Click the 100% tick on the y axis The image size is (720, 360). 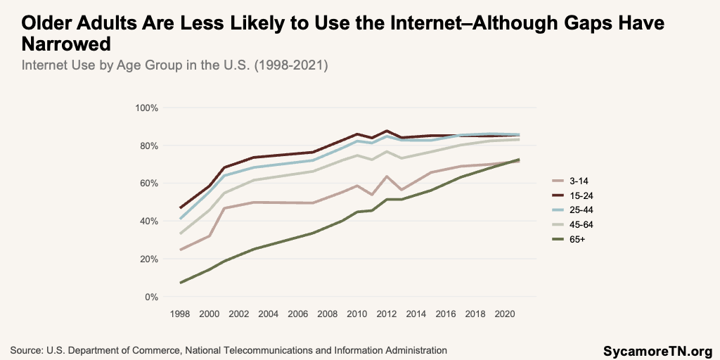[148, 108]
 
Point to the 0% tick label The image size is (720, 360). [150, 297]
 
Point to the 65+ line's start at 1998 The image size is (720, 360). [181, 283]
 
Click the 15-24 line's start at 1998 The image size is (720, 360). [181, 208]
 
